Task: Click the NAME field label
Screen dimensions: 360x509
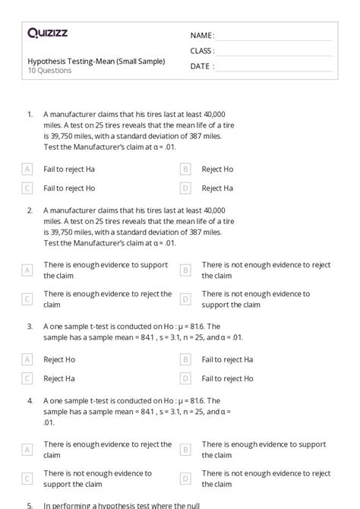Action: coord(202,36)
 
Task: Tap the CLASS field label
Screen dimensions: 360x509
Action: coord(202,51)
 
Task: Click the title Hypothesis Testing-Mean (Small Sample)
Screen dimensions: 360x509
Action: coord(96,62)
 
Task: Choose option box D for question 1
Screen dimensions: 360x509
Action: coord(185,188)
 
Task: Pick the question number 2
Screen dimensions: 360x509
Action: coord(30,210)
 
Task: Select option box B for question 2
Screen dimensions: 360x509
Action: coord(185,270)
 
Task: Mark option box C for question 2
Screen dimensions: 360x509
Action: coord(27,299)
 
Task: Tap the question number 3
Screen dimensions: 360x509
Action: coord(30,326)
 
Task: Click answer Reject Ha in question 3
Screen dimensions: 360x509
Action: coord(59,378)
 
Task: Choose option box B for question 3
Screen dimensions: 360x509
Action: coord(185,359)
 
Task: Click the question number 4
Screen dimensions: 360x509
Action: coord(30,400)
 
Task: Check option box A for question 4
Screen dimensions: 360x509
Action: coord(27,450)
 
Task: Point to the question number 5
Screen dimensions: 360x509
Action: coord(30,504)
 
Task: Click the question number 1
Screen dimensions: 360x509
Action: coord(30,115)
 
